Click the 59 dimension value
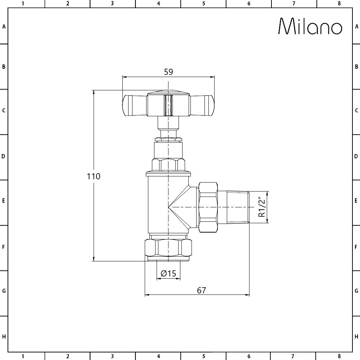tap(168, 72)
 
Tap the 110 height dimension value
tap(93, 176)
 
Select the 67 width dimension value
tap(202, 290)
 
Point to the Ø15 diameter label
tap(168, 274)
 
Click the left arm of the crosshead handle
tap(134, 105)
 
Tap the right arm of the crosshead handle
tap(202, 105)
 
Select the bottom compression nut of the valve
tap(168, 248)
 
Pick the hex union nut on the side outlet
tap(208, 207)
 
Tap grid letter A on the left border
tap(4, 26)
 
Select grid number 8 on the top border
tap(339, 4)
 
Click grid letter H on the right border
tap(356, 337)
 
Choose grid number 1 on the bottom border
tap(23, 356)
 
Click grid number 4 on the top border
tap(158, 4)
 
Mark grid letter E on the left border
tap(4, 201)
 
